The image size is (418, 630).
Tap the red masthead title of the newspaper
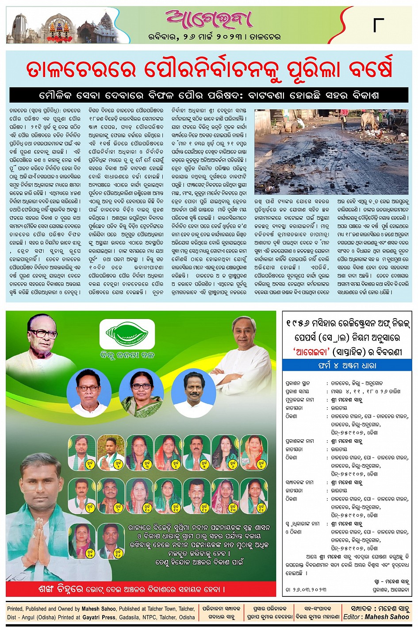coord(209,19)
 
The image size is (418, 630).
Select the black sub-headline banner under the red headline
coord(209,95)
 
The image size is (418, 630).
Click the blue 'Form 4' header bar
coord(347,365)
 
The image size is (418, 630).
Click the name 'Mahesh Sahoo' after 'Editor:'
coord(388,617)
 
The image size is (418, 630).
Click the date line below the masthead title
coord(215,37)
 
